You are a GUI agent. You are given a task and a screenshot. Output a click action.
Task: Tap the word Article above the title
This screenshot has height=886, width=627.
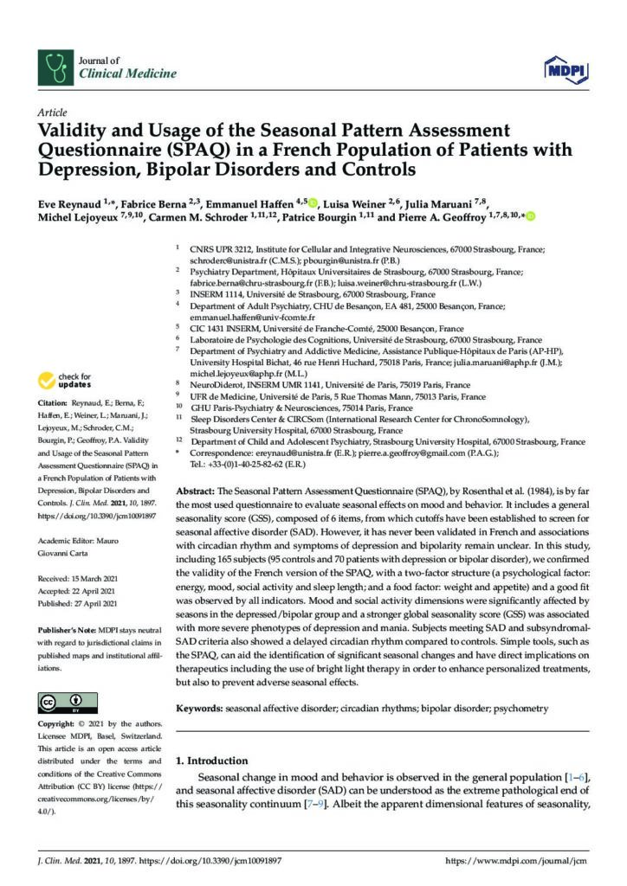[53, 113]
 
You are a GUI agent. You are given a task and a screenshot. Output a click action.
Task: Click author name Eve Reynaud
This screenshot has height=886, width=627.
[70, 202]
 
